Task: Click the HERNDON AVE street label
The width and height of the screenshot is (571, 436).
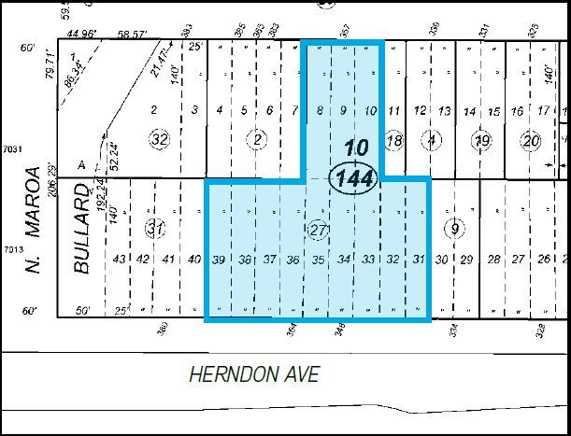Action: coord(254,375)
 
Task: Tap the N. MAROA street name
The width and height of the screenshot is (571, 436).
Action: coord(36,220)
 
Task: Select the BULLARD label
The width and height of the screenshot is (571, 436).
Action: coord(81,230)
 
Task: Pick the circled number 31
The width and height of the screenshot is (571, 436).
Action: coord(154,229)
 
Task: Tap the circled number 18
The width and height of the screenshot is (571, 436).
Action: coord(394,140)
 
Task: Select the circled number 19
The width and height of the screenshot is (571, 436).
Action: coord(482,141)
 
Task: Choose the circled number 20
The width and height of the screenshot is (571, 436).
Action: coord(533,141)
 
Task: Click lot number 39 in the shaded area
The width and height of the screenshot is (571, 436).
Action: coord(220,260)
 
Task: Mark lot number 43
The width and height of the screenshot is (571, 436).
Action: coord(119,260)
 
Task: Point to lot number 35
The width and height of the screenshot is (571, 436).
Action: coord(319,260)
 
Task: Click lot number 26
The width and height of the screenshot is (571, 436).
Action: coord(544,260)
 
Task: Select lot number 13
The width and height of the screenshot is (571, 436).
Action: coord(445,112)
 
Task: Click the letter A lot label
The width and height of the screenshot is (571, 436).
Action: coord(81,164)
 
